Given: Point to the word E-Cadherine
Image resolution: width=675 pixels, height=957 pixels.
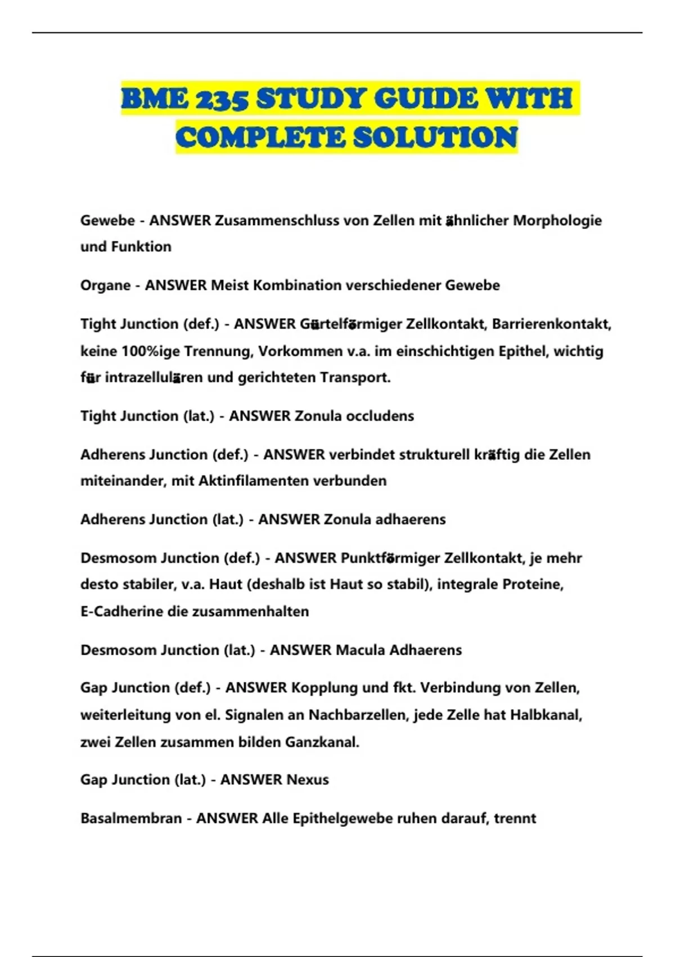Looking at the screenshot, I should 121,611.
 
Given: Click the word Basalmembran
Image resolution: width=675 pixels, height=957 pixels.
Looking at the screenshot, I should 131,818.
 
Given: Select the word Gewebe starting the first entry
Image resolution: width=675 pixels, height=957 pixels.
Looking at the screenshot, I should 107,221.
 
